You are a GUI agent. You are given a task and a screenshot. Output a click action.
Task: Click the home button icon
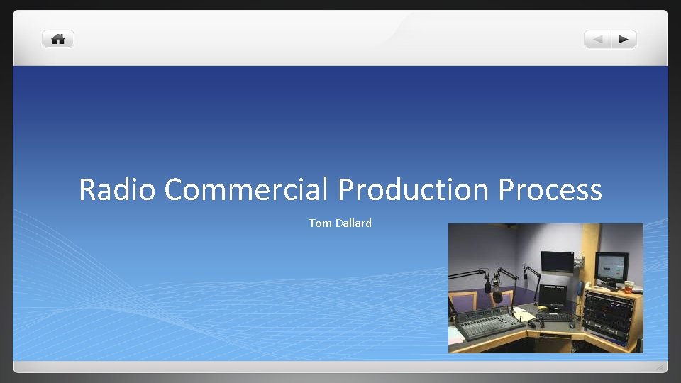pyautogui.click(x=58, y=39)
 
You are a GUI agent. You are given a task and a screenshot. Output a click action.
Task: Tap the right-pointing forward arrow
pyautogui.click(x=623, y=39)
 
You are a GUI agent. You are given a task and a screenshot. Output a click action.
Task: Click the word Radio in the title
pyautogui.click(x=117, y=189)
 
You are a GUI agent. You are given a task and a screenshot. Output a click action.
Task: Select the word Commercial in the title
pyautogui.click(x=246, y=189)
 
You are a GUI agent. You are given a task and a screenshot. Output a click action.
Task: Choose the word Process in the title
pyautogui.click(x=550, y=189)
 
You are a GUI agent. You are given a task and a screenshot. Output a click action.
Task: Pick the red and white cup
pyautogui.click(x=628, y=287)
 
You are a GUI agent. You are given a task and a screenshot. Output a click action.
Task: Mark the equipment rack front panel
pyautogui.click(x=608, y=316)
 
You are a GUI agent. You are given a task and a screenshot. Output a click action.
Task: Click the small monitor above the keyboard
pyautogui.click(x=552, y=295)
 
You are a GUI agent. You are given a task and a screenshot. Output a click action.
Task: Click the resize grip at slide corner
pyautogui.click(x=660, y=367)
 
